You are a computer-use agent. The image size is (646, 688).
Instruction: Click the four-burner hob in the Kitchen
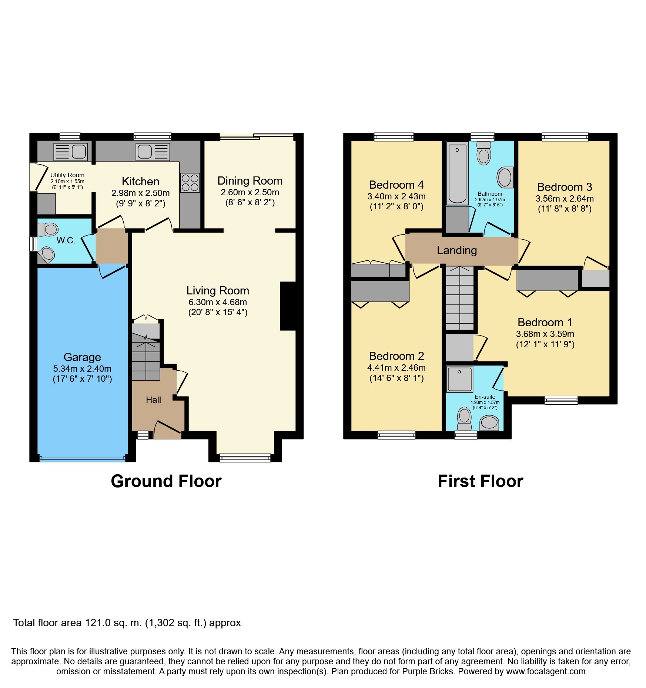tap(190, 183)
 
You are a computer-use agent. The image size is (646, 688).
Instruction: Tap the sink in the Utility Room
tap(71, 152)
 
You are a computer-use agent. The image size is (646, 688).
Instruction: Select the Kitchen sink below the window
tap(153, 152)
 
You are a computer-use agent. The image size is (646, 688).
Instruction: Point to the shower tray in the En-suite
tap(459, 379)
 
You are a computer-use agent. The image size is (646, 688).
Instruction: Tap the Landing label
tap(456, 250)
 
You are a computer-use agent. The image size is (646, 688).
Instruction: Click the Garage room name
tap(82, 357)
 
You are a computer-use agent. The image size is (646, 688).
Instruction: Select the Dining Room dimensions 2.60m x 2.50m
tap(250, 192)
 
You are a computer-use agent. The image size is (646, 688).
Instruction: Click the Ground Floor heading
tap(166, 481)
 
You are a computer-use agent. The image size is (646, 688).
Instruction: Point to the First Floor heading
tap(481, 481)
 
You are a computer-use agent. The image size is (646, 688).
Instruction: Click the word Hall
tap(153, 400)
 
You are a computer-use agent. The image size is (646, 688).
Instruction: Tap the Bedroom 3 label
tap(565, 187)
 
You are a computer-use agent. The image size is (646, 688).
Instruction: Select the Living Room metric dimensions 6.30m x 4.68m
tap(218, 302)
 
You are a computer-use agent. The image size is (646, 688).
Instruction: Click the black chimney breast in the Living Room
tap(288, 306)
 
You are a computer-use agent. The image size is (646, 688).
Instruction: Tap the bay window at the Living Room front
tap(245, 458)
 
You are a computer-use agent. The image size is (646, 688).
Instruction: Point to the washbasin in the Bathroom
tap(505, 178)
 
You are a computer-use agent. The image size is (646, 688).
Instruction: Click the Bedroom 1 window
tap(561, 400)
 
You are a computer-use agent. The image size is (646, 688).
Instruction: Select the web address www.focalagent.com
tap(546, 672)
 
